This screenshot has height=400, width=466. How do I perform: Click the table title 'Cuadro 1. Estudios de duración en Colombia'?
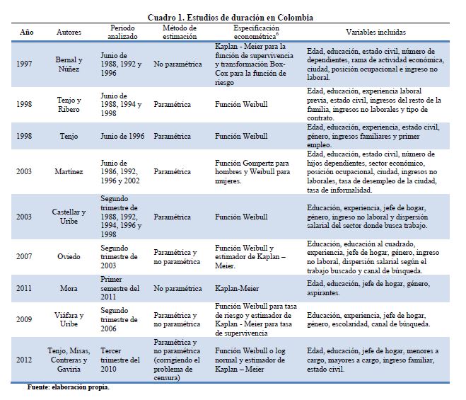[x=232, y=17]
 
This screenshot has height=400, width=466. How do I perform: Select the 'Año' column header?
[x=26, y=33]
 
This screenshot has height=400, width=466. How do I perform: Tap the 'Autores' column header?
[x=69, y=33]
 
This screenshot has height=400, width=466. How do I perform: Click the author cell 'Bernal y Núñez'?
[x=69, y=64]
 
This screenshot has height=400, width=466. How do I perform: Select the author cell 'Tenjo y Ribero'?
[x=69, y=103]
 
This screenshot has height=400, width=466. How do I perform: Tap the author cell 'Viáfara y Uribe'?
[x=69, y=319]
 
